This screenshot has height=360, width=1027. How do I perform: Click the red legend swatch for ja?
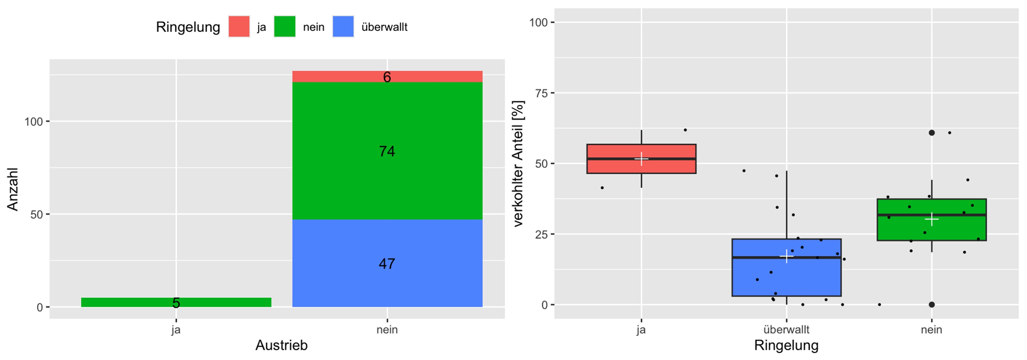click(239, 27)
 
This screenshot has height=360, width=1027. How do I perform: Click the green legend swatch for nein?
click(284, 27)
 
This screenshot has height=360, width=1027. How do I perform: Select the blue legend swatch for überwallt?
click(343, 27)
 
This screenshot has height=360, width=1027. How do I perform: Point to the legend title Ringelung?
click(188, 27)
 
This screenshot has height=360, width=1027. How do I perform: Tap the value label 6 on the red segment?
click(387, 77)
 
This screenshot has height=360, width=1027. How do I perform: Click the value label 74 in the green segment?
click(387, 151)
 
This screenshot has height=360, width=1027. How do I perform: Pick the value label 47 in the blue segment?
click(387, 264)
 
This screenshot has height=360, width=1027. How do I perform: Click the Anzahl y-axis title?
click(13, 189)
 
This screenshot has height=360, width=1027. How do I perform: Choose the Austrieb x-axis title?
click(281, 346)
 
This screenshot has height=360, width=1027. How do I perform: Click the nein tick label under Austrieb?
click(387, 330)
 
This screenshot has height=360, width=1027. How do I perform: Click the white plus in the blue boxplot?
click(786, 256)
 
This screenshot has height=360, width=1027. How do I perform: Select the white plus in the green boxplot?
click(931, 219)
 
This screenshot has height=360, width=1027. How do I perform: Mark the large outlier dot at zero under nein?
click(931, 305)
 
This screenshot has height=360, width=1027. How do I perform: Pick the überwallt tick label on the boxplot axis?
click(786, 330)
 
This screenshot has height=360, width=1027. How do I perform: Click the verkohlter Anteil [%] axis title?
click(519, 163)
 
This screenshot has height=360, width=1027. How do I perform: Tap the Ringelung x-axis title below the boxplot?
click(786, 346)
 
